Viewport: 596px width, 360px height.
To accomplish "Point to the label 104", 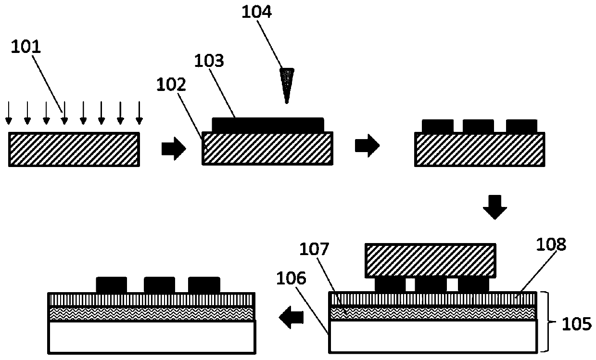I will pyautogui.click(x=258, y=11).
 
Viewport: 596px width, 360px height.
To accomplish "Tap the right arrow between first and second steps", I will pyautogui.click(x=173, y=149).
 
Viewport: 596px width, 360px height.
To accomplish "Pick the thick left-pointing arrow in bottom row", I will pyautogui.click(x=292, y=318).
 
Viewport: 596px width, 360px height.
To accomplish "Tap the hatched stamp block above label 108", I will pyautogui.click(x=431, y=260).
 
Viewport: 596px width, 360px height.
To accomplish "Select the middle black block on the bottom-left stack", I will pyautogui.click(x=159, y=284).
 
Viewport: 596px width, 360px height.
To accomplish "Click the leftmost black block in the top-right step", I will pyautogui.click(x=437, y=126).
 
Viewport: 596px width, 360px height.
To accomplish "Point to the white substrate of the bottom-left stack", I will pyautogui.click(x=152, y=337).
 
